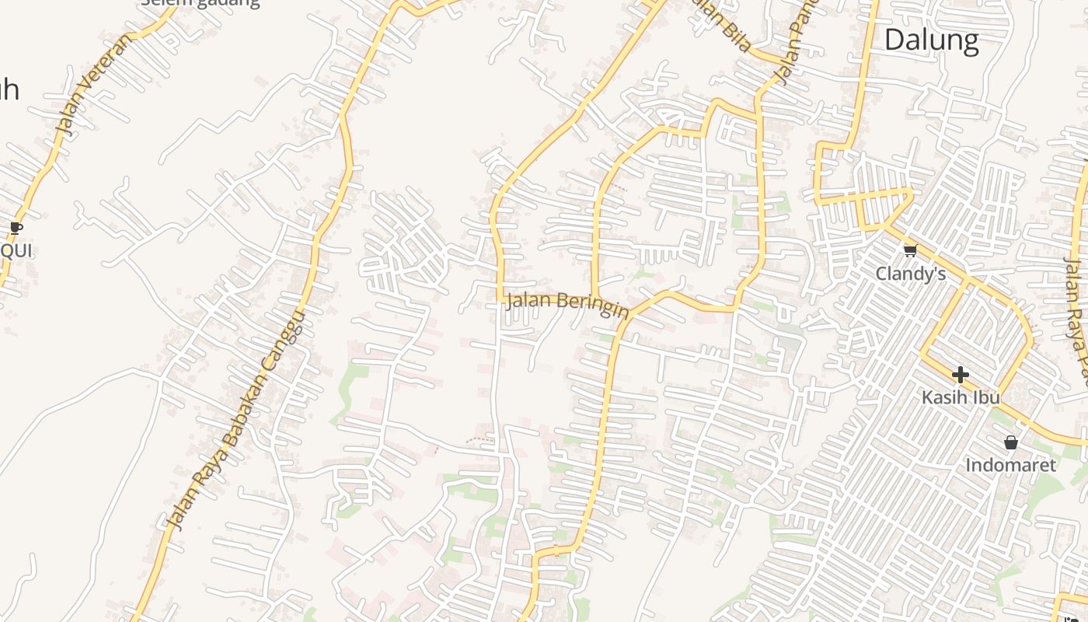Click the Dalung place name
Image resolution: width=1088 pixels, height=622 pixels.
(x=931, y=40)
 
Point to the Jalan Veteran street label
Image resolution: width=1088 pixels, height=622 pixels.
(x=94, y=86)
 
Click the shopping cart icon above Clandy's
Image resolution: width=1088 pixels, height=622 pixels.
(x=910, y=250)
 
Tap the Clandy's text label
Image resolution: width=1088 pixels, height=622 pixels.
(x=910, y=274)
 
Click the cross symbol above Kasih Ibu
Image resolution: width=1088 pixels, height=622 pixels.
(x=960, y=375)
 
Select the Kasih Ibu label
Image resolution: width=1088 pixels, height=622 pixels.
(x=960, y=397)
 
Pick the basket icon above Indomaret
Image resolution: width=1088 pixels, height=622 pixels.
(x=1010, y=442)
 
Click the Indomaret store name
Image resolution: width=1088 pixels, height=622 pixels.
(x=1010, y=465)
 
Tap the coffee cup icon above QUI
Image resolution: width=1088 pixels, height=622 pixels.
(x=16, y=228)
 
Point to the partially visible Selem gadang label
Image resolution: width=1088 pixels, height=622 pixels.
(x=200, y=3)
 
